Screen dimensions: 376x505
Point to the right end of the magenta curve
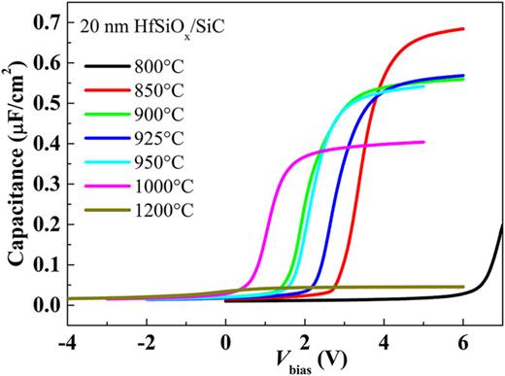(423, 142)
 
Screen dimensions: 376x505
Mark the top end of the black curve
(502, 225)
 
